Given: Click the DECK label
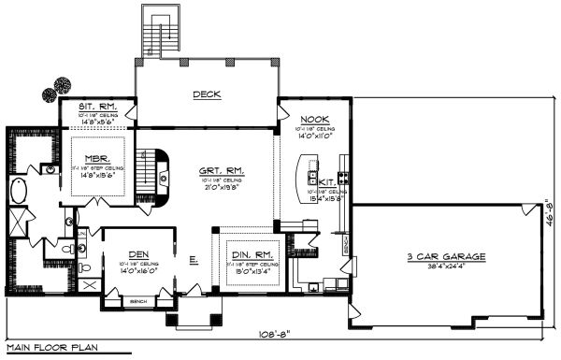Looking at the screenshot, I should [x=207, y=94].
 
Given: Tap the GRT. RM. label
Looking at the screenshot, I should [x=221, y=171].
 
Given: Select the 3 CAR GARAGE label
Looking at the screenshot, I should [x=441, y=256].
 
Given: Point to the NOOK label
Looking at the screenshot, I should [x=313, y=120].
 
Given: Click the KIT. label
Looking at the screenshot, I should [x=327, y=182].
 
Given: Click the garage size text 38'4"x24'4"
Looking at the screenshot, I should [x=440, y=266].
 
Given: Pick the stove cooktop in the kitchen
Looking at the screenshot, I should [x=343, y=177].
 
